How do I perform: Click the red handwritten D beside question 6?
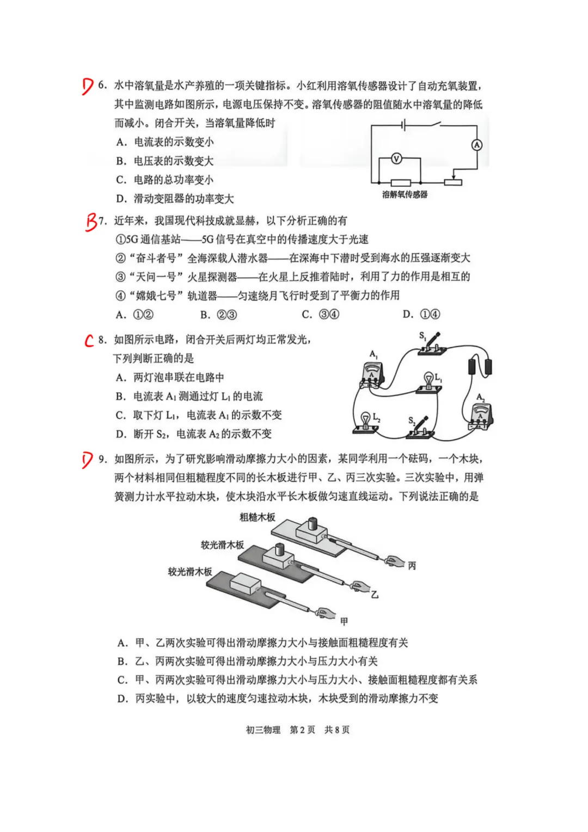pos(88,86)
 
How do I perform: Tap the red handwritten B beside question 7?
pos(91,222)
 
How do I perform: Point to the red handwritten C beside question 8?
pos(89,340)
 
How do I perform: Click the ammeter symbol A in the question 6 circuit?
pos(476,145)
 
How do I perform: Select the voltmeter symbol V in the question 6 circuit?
pos(396,159)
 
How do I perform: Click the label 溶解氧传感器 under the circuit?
pos(405,194)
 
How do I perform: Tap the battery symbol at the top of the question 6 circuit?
pos(403,126)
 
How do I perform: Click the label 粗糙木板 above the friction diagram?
pos(258,517)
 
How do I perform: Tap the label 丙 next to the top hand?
pos(412,566)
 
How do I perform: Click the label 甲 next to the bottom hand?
pos(344,621)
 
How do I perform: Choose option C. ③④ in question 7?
pos(321,315)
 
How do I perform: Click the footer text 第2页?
pos(302,730)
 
